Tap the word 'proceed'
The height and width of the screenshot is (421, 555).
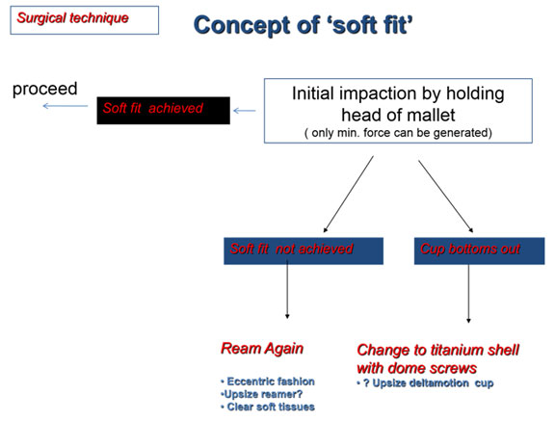[45, 90]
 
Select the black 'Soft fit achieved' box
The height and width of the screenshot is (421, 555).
[163, 111]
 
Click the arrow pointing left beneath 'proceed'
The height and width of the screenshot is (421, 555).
[66, 106]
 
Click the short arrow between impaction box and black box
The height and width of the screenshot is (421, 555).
[245, 111]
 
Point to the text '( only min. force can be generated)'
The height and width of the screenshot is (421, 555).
[398, 133]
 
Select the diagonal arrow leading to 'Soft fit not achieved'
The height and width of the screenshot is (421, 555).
[348, 195]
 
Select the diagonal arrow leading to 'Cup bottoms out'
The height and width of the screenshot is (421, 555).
[446, 197]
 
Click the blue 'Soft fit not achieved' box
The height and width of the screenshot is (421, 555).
[304, 250]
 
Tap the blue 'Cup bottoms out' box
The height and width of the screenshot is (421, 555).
[479, 250]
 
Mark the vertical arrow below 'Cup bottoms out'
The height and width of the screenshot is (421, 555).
[468, 294]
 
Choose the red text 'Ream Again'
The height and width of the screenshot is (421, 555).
[262, 349]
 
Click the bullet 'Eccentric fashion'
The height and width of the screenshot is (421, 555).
[268, 382]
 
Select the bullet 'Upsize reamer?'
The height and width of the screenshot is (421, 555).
[261, 394]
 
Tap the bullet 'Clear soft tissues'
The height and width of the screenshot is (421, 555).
[268, 407]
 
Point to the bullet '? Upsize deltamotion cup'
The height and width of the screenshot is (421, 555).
[425, 383]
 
